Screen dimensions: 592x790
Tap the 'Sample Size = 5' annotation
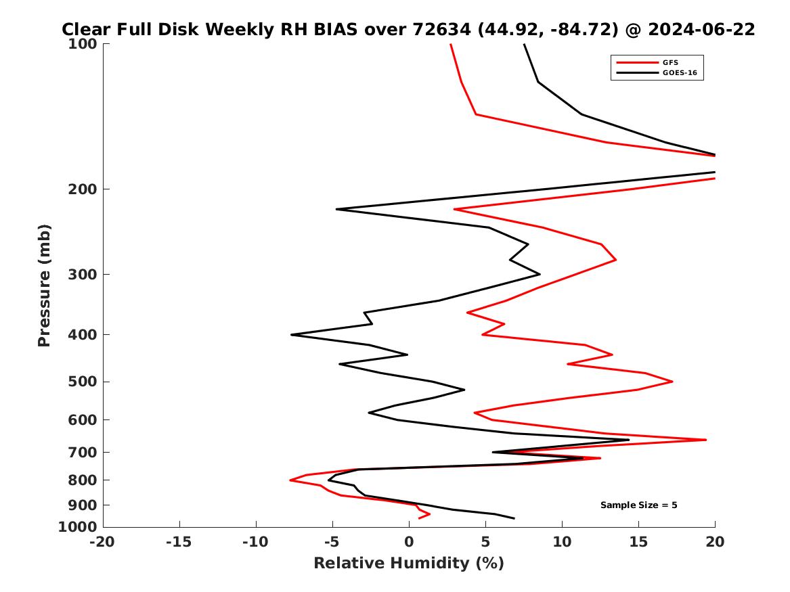click(x=638, y=505)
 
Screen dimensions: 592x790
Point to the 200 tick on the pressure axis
click(x=85, y=189)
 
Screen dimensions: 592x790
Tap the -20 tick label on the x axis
click(x=103, y=541)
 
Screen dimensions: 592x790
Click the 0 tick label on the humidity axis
click(x=409, y=541)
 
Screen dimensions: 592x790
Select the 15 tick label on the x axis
click(x=638, y=541)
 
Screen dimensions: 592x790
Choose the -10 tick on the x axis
click(x=256, y=541)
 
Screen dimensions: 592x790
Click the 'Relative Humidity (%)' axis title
click(x=409, y=563)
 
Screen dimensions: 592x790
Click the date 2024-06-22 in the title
click(x=701, y=30)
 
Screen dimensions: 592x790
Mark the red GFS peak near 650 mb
click(x=706, y=440)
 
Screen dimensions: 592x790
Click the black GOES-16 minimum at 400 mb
click(x=292, y=334)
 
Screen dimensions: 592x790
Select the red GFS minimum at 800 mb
click(x=290, y=480)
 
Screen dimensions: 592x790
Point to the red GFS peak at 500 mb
click(x=672, y=382)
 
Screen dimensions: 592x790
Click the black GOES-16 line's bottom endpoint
click(x=514, y=518)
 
